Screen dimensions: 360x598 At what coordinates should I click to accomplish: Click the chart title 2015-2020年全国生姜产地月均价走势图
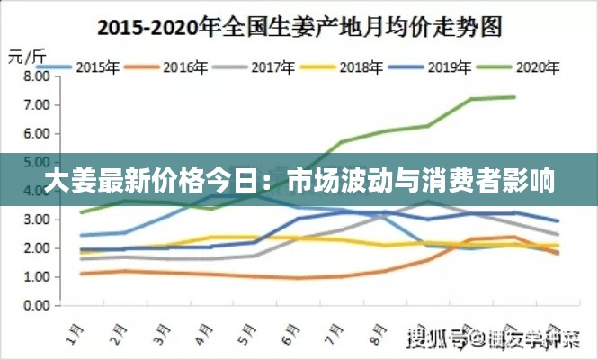point(299,28)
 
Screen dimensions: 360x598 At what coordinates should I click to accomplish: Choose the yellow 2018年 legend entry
point(359,66)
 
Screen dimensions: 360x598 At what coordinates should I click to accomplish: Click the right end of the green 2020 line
point(514,97)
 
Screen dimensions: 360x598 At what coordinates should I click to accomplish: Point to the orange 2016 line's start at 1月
point(82,274)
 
